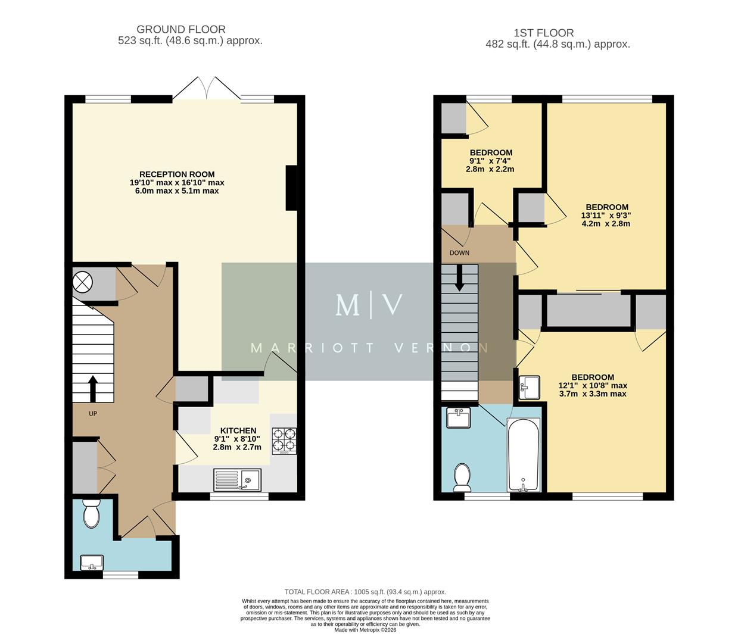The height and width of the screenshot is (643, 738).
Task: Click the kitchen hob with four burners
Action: click(284, 441)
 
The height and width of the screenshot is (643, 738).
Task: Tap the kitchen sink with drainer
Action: click(237, 479)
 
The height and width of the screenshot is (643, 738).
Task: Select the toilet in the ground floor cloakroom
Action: click(91, 514)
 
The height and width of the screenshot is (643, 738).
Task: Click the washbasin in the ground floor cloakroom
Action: click(92, 562)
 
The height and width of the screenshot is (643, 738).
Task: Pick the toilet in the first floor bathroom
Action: click(462, 477)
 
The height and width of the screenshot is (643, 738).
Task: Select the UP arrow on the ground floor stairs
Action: click(93, 389)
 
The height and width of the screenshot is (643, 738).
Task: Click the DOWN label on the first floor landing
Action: click(459, 253)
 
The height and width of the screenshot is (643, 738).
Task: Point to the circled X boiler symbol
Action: click(82, 280)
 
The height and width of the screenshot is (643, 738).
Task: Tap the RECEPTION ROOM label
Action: click(177, 174)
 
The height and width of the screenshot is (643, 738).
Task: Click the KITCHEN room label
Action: click(238, 430)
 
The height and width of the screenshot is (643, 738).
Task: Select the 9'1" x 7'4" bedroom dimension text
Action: click(490, 161)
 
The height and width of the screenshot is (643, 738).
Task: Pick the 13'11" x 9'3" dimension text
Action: click(606, 216)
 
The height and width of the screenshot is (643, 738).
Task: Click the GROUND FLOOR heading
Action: click(181, 29)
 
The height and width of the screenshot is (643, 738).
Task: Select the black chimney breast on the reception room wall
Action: click(291, 188)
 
